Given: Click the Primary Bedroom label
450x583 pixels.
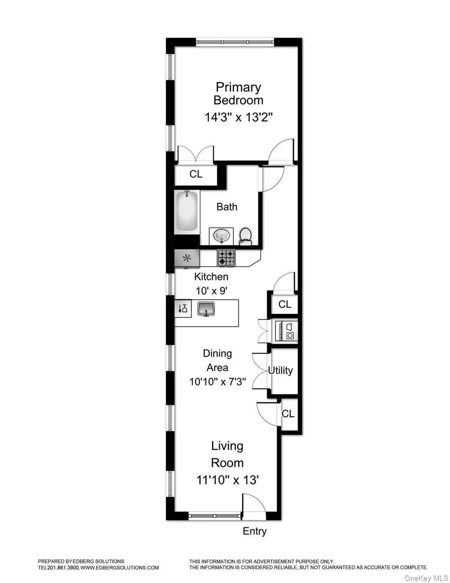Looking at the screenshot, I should pos(238,94).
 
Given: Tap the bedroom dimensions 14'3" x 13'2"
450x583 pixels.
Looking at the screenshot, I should pos(239,117).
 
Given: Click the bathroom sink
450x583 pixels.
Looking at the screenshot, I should pos(221,236).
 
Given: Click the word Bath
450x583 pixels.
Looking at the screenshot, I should pos(227,207).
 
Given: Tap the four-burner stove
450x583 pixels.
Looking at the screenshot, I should pos(226,257).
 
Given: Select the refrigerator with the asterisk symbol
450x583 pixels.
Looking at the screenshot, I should pos(187,259).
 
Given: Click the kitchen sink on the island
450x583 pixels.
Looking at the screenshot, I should pos(206,309).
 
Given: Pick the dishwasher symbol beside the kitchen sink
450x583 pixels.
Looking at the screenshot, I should pos(183,308).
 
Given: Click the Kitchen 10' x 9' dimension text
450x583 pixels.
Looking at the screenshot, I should pos(212,291).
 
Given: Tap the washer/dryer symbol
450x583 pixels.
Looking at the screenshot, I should pos(287,331).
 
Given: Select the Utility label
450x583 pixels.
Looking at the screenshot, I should pos(281,370).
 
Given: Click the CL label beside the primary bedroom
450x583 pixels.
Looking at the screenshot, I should pos(196,174).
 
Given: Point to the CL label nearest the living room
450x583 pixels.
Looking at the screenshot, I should pos(288,413).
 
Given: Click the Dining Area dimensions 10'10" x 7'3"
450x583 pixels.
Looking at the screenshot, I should pos(218,381).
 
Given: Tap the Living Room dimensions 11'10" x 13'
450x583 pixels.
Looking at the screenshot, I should pos(227,480).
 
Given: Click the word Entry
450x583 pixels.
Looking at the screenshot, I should pos(254,531).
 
